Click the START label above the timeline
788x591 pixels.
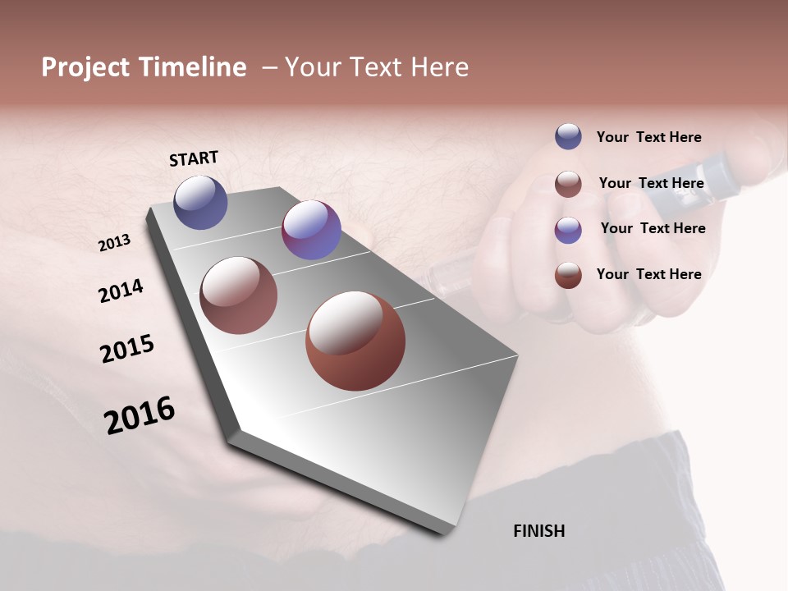[194, 158]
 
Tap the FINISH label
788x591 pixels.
[538, 531]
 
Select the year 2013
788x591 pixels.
[115, 242]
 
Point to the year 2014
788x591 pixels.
[121, 291]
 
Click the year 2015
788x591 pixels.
[127, 349]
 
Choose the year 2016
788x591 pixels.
[140, 415]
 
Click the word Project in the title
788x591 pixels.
[85, 67]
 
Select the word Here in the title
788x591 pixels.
[439, 67]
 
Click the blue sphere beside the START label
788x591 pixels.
[200, 203]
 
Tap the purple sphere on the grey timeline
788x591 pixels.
[311, 230]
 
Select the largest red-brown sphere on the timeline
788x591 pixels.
[355, 341]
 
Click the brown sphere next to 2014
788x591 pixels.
[238, 295]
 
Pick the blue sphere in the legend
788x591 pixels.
[568, 136]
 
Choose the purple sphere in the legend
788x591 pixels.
[568, 230]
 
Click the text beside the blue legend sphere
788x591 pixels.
[648, 138]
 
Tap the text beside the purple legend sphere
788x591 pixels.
[653, 228]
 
